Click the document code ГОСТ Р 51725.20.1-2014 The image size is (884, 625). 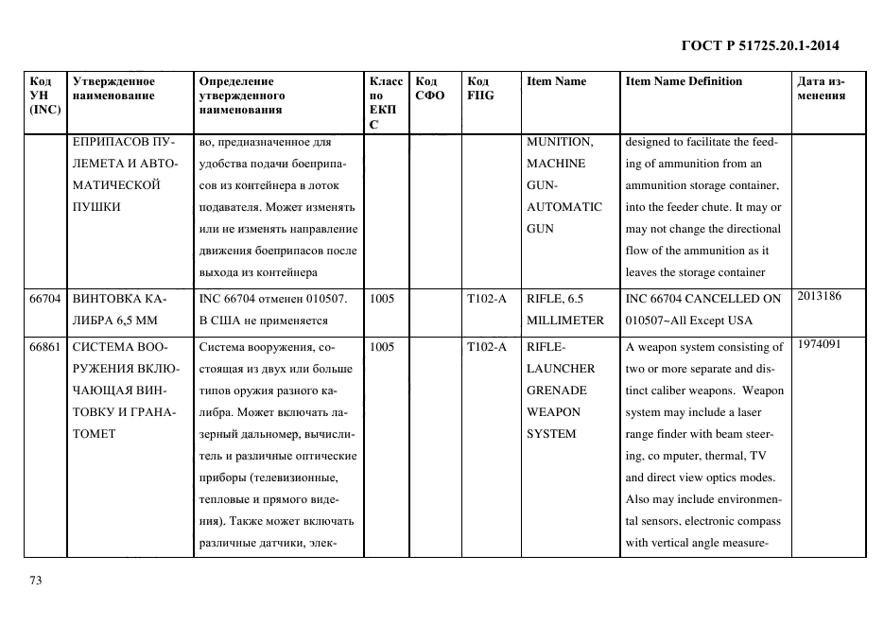tap(760, 45)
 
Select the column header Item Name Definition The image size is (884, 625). tap(684, 81)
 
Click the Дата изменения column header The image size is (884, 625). tap(821, 89)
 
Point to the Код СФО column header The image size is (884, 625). tap(430, 89)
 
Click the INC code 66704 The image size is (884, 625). tap(44, 299)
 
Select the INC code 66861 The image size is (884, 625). tap(44, 347)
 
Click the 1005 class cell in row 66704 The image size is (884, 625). tap(382, 299)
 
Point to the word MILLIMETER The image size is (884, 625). tap(564, 321)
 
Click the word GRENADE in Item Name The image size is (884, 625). tap(556, 391)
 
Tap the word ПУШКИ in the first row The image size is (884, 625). tap(96, 207)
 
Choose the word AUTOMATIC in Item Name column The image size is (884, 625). tap(563, 207)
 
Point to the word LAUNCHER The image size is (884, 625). tap(561, 369)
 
